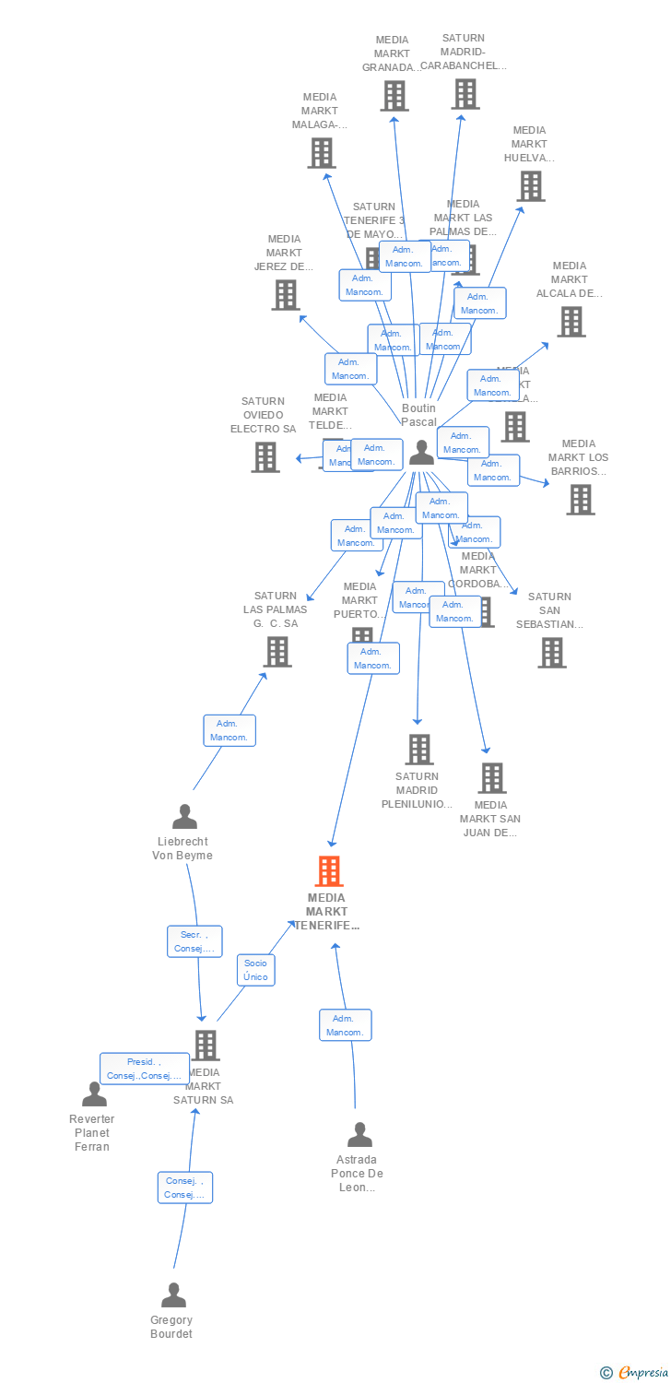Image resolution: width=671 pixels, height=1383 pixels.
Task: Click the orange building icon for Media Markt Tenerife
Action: click(x=329, y=871)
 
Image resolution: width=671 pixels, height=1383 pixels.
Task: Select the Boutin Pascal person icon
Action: click(x=421, y=452)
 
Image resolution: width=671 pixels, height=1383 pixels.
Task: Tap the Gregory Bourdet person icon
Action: click(x=173, y=1295)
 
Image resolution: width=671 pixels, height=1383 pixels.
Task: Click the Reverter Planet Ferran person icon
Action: click(x=94, y=1094)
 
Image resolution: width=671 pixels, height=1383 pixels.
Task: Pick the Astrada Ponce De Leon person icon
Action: click(x=359, y=1135)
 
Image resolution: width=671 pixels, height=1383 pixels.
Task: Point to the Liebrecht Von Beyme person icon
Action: click(x=184, y=817)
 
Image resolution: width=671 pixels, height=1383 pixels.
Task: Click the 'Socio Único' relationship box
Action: click(x=255, y=970)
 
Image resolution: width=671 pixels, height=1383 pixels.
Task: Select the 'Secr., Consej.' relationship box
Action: click(x=194, y=941)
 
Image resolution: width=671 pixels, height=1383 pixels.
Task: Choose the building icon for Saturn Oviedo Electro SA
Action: click(x=265, y=456)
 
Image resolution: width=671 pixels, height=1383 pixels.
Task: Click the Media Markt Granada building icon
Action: click(x=394, y=96)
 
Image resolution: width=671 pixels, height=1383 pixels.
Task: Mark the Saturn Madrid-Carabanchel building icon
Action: click(x=465, y=94)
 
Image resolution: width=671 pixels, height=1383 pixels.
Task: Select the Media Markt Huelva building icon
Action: click(x=530, y=186)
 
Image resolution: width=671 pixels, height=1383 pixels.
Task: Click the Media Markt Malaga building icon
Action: click(x=321, y=153)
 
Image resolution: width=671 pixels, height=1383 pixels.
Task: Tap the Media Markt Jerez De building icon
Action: click(x=286, y=295)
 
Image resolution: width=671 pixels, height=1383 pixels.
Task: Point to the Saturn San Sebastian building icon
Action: click(x=552, y=653)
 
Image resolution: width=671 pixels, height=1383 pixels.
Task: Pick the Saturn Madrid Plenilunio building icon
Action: click(x=419, y=750)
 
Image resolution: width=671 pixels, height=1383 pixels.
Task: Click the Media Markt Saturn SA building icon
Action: click(x=206, y=1045)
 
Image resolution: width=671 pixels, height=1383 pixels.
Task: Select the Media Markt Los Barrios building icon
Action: click(x=580, y=500)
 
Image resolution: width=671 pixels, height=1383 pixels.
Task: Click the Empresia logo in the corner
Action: click(x=634, y=1373)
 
